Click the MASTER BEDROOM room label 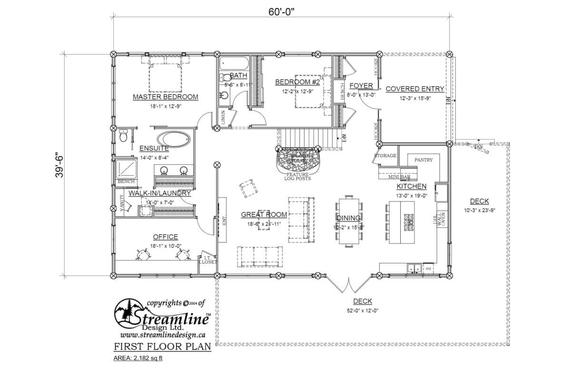point(165,97)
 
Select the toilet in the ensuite point(123,137)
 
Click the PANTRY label point(423,160)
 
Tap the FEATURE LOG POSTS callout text point(298,177)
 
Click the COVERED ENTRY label point(414,89)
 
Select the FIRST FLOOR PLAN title point(162,346)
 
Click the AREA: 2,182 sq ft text point(138,358)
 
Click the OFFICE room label point(165,237)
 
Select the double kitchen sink point(413,269)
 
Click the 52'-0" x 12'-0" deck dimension point(363,311)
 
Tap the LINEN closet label point(223,117)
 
